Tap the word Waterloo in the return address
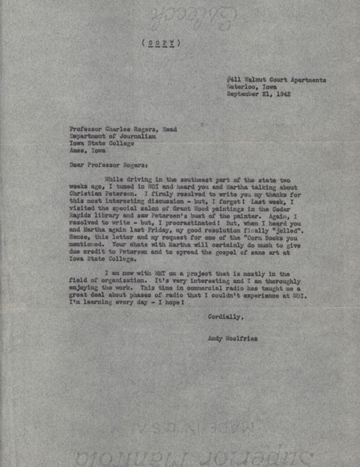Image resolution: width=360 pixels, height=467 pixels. click(x=241, y=87)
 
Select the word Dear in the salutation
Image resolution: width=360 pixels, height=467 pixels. click(x=78, y=166)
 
